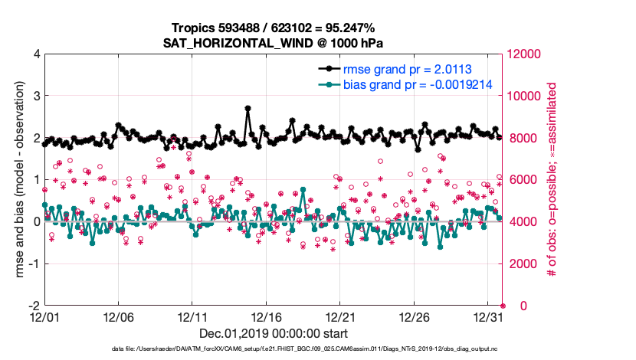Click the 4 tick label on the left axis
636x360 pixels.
click(36, 54)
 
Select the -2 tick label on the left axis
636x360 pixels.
click(34, 306)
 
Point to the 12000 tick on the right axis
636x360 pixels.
click(524, 54)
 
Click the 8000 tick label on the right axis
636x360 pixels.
click(521, 139)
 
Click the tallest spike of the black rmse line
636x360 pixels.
click(248, 109)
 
